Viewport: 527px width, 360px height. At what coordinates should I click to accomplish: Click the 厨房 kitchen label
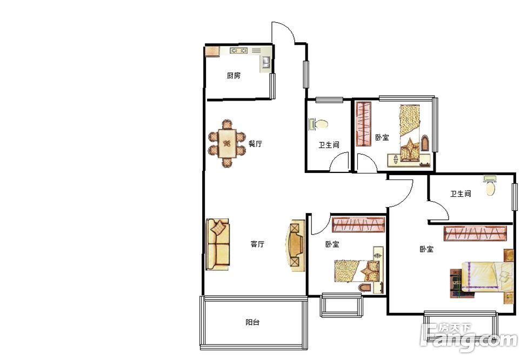click(234, 75)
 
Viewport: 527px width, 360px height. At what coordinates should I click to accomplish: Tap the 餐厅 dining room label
click(255, 144)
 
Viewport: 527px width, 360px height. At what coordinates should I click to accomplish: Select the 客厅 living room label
click(257, 244)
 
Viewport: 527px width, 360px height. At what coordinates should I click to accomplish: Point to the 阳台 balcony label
click(252, 322)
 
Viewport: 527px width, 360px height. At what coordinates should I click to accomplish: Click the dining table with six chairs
click(227, 144)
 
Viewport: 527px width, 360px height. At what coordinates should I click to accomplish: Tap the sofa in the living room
click(218, 244)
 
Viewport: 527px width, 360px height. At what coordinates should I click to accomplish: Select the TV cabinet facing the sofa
click(296, 245)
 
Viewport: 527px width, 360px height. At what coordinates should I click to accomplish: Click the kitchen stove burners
click(238, 51)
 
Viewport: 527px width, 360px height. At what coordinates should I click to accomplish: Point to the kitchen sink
click(266, 62)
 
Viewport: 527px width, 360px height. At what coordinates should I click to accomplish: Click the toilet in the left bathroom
click(318, 124)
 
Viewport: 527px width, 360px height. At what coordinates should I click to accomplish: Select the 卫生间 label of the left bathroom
click(329, 145)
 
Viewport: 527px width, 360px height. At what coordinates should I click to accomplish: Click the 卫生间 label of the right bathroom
click(461, 194)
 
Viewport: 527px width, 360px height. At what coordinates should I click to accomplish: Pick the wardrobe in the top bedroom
click(364, 124)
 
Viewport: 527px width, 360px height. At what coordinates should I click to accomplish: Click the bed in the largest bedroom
click(482, 276)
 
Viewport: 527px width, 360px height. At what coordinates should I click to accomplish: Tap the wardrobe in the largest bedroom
click(475, 234)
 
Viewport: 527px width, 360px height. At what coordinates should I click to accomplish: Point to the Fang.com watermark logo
click(469, 337)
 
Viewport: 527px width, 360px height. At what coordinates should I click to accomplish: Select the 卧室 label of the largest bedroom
click(426, 249)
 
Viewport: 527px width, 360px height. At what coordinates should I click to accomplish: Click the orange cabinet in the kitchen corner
click(212, 52)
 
